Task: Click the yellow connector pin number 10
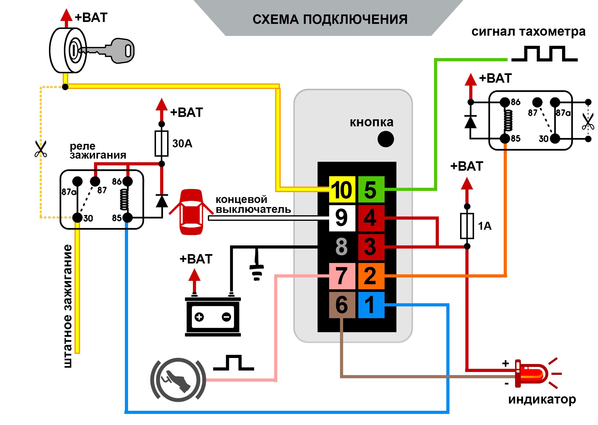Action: coord(342,189)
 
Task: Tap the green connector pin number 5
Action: coord(371,189)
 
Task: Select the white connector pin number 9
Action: coord(342,218)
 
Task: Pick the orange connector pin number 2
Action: coord(371,276)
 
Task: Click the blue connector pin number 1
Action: coord(371,305)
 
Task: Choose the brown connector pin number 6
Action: coord(342,305)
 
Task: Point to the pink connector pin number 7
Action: coord(342,276)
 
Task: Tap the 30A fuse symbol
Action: coord(162,143)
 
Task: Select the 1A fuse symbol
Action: coord(467,226)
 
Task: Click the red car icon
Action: coord(191,212)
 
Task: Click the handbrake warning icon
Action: coord(178,380)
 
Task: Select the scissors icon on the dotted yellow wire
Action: coord(41,149)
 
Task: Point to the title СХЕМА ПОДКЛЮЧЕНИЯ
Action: coord(330,19)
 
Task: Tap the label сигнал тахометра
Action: coord(528,32)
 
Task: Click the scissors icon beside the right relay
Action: coord(588,121)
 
